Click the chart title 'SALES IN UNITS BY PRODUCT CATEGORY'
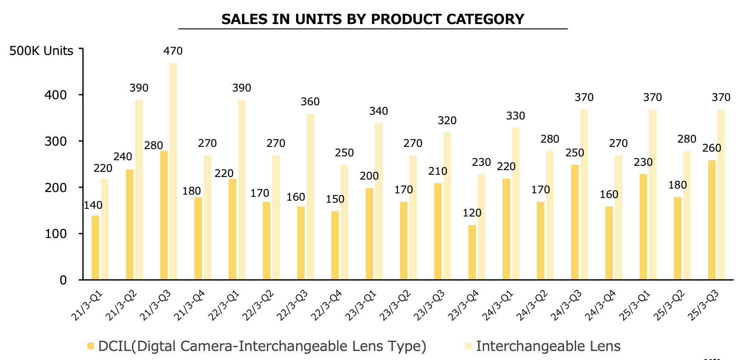[373, 19]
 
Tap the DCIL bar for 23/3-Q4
[472, 252]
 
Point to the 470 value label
[173, 51]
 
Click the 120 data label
[472, 213]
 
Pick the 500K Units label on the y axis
[41, 51]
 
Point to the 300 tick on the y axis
[56, 141]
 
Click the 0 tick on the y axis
[63, 280]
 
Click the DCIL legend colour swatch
[91, 346]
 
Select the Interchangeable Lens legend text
[548, 346]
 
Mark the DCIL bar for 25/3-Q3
[712, 220]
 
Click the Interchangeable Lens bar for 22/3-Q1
[242, 190]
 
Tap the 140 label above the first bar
[93, 205]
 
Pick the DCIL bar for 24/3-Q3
[575, 222]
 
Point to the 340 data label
[379, 111]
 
